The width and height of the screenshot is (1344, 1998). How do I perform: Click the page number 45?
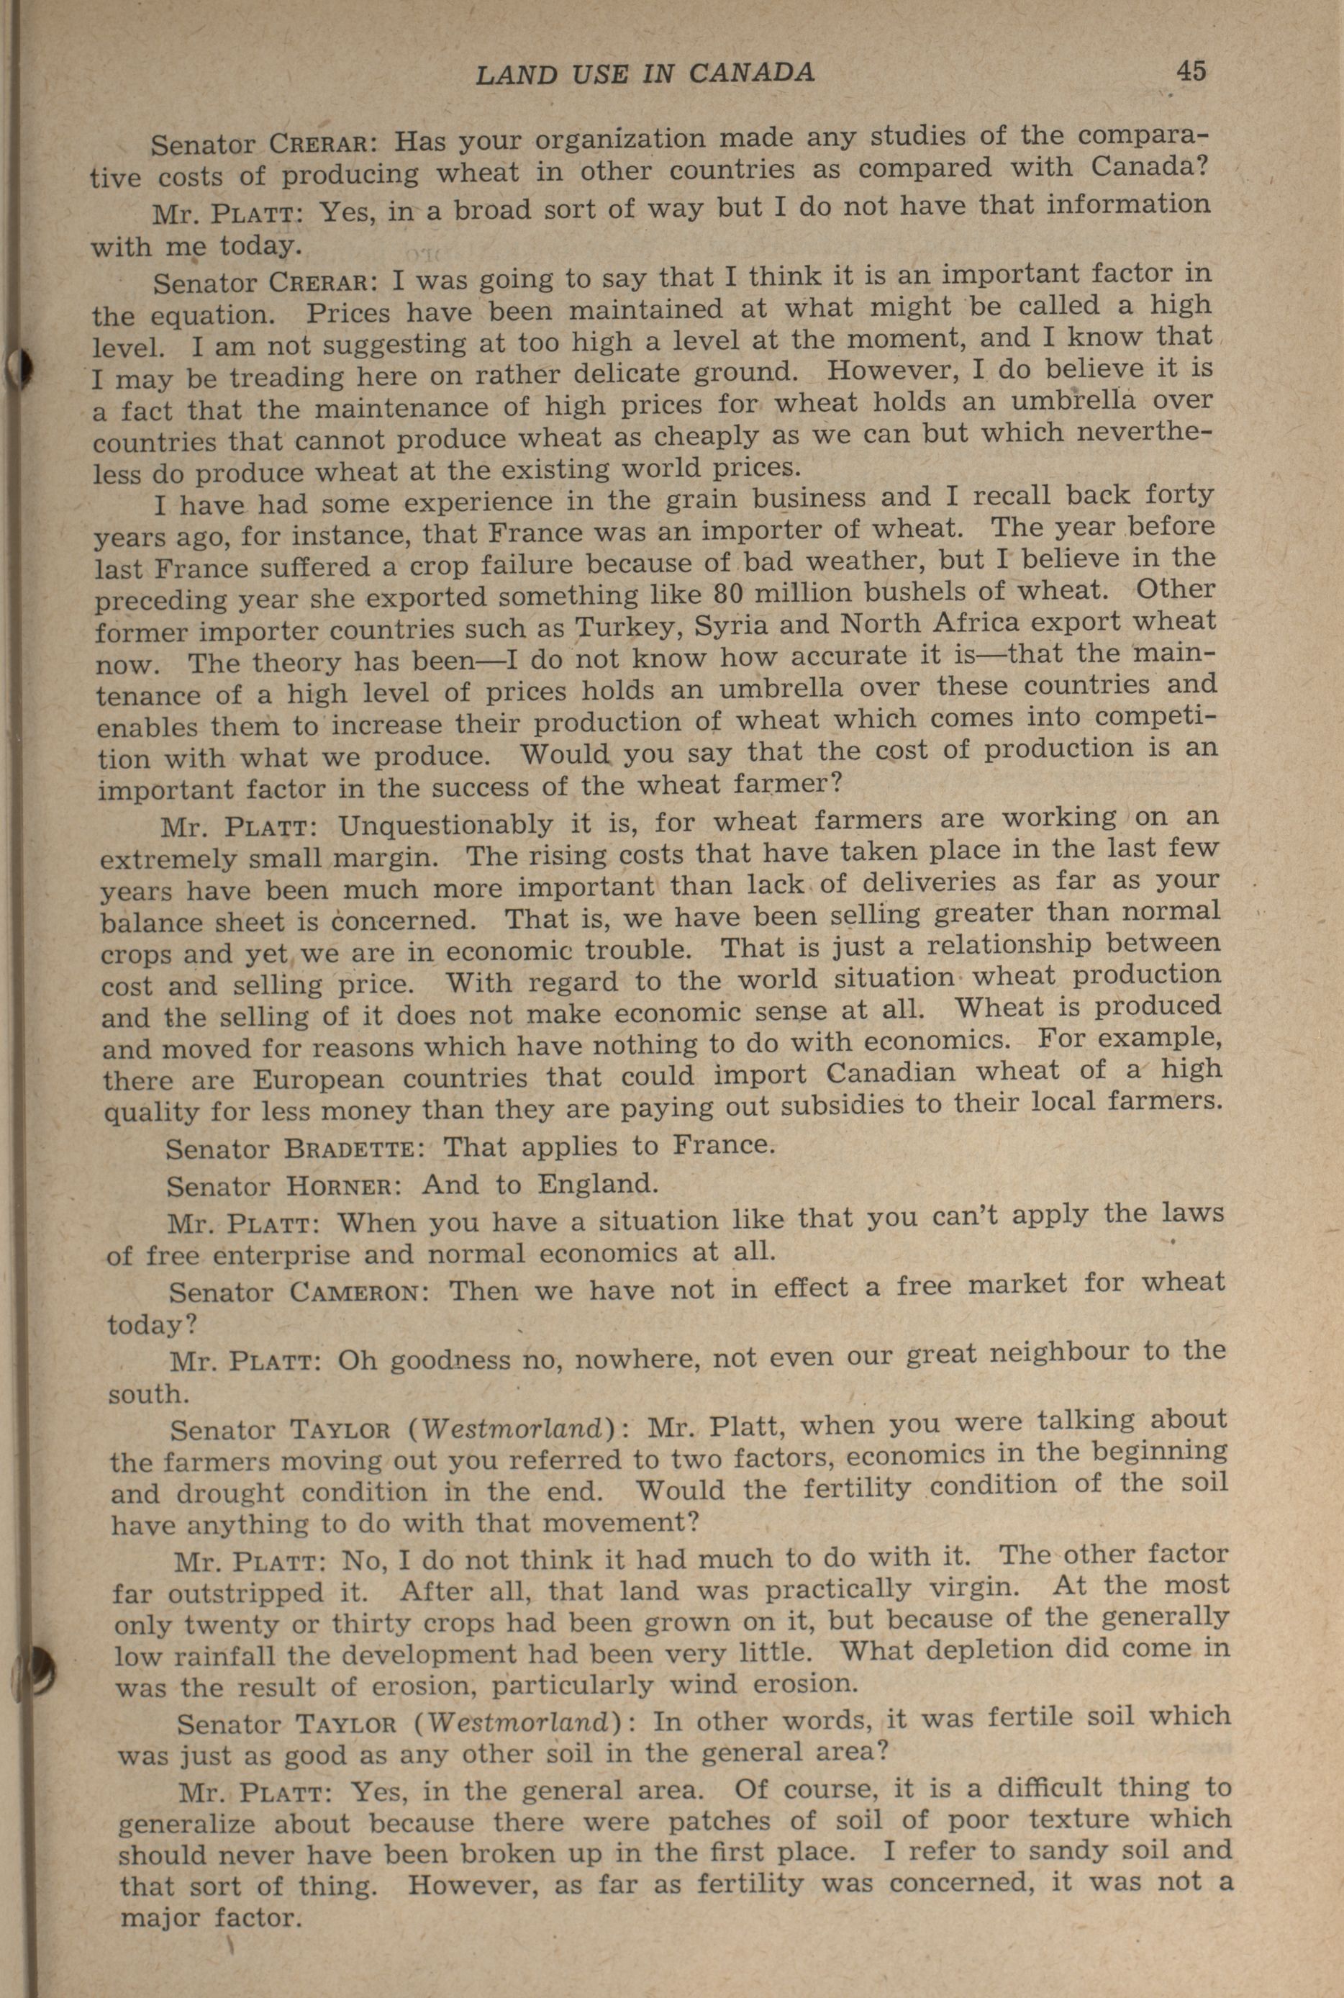pyautogui.click(x=1191, y=71)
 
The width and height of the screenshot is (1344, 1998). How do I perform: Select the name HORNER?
pyautogui.click(x=339, y=1188)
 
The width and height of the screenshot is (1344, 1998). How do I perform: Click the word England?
pyautogui.click(x=597, y=1185)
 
